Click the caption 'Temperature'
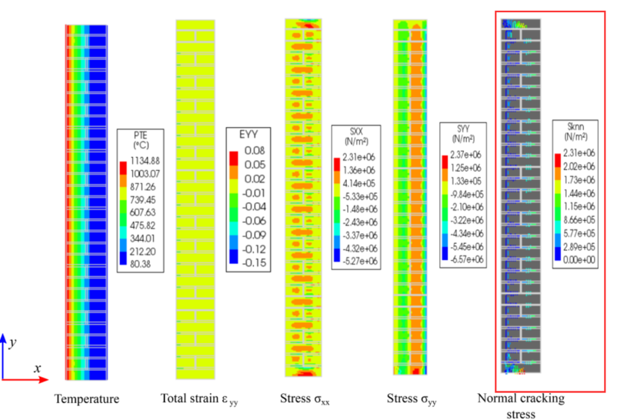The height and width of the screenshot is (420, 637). tap(87, 398)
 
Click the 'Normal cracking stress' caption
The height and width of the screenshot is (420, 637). tap(521, 405)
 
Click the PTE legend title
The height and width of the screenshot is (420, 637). tap(140, 139)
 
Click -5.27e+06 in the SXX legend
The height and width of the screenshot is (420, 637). tap(360, 261)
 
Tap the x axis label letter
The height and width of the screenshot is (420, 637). tap(37, 368)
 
